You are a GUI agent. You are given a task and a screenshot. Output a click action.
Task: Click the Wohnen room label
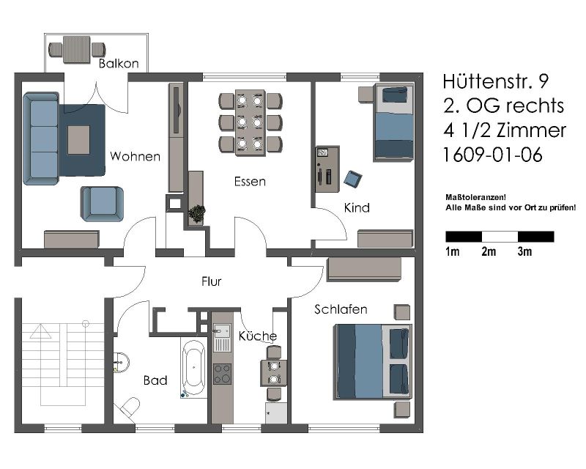135,156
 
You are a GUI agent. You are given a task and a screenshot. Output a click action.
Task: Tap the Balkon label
119,63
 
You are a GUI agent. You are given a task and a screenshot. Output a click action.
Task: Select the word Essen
250,182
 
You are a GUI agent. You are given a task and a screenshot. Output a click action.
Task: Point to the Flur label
211,281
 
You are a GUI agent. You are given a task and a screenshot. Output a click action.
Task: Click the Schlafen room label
341,309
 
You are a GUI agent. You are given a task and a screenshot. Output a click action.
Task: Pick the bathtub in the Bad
193,368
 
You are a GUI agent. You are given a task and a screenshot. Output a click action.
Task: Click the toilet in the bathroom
127,407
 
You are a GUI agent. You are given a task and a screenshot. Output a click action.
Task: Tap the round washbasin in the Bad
121,362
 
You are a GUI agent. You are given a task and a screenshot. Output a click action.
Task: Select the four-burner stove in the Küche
223,374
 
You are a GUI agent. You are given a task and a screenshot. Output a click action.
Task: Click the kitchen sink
222,337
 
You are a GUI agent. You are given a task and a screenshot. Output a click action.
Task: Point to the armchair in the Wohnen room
102,204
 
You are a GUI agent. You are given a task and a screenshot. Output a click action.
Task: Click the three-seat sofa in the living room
41,139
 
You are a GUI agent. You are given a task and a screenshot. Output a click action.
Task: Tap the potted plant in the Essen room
196,213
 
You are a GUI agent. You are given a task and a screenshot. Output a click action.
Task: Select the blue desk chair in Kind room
353,179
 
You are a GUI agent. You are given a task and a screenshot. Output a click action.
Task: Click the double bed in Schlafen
373,361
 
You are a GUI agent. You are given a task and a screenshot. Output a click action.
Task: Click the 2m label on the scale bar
489,251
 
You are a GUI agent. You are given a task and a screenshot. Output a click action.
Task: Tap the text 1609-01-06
492,155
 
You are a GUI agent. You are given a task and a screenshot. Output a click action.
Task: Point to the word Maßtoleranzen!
475,197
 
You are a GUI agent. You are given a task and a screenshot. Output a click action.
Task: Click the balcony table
77,49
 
